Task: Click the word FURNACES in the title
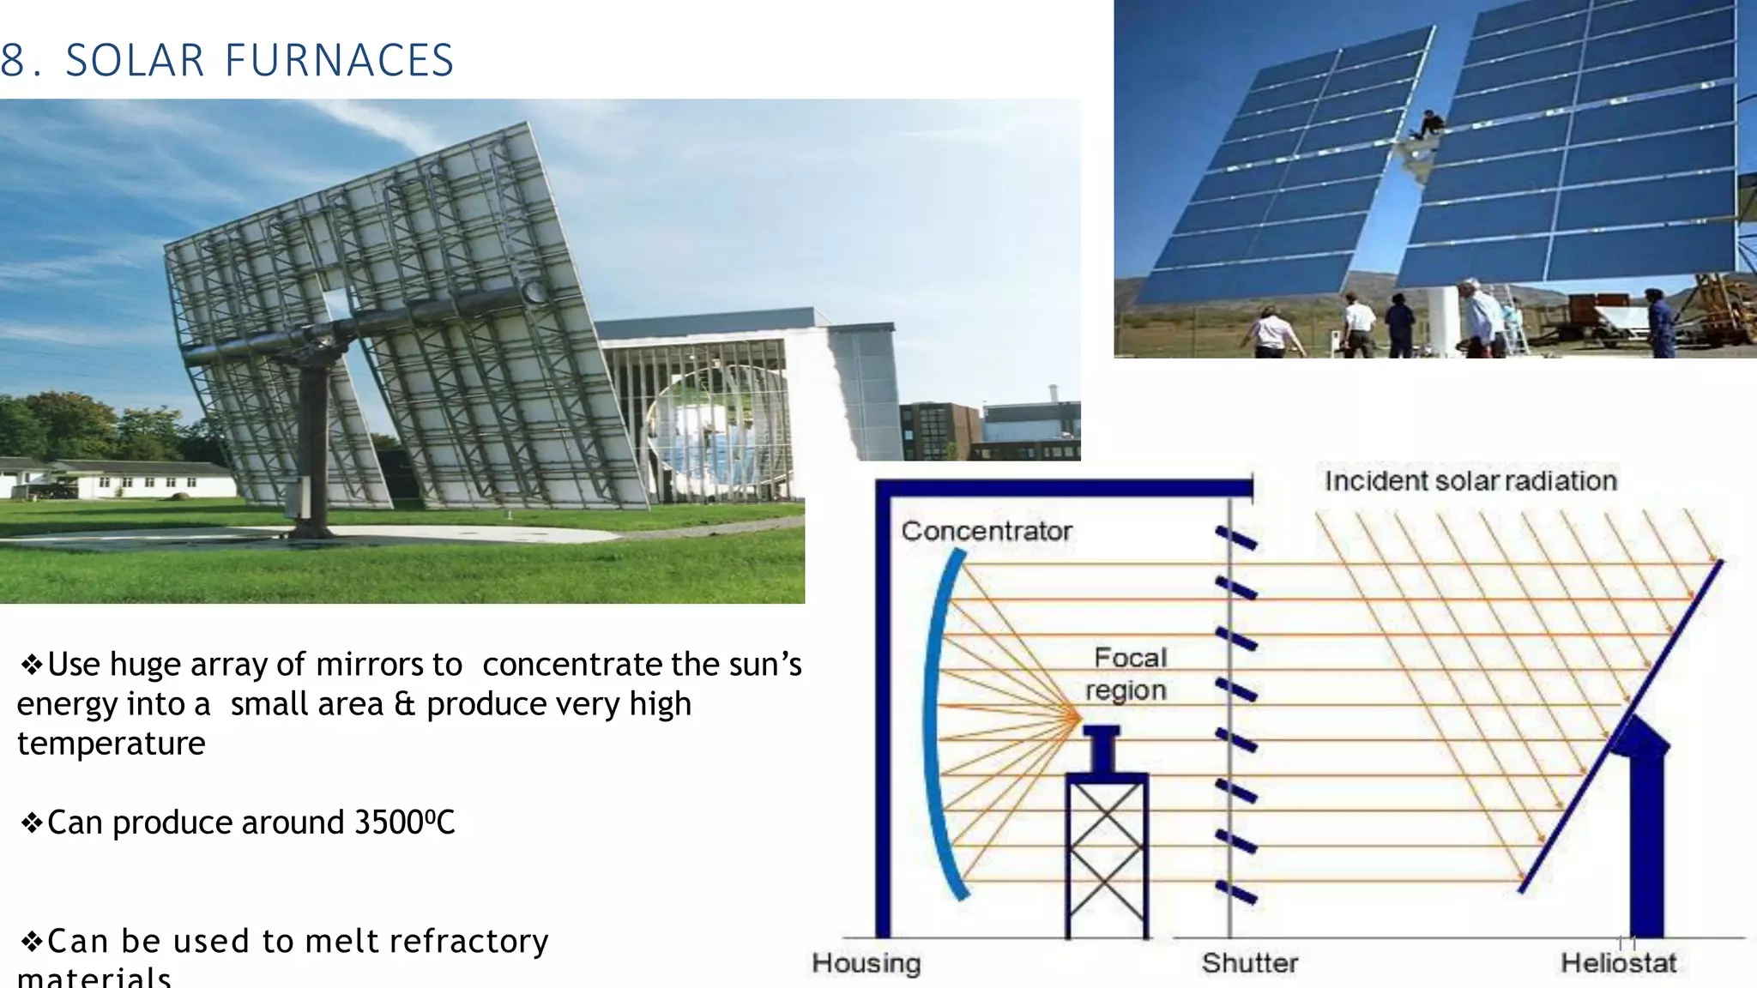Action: coord(339,61)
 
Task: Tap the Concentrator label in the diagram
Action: coord(986,531)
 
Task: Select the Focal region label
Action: coord(1127,674)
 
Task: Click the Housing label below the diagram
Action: coord(866,963)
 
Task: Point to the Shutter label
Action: coord(1249,963)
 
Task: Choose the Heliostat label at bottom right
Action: coord(1617,963)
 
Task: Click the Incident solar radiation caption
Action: coord(1470,481)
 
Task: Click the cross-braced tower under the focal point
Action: coord(1106,858)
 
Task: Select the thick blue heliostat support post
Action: coord(1645,849)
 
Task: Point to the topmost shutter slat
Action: coord(1235,539)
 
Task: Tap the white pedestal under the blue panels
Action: coord(1443,322)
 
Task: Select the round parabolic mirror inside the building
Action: coord(712,429)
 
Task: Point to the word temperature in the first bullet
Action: coord(112,744)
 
